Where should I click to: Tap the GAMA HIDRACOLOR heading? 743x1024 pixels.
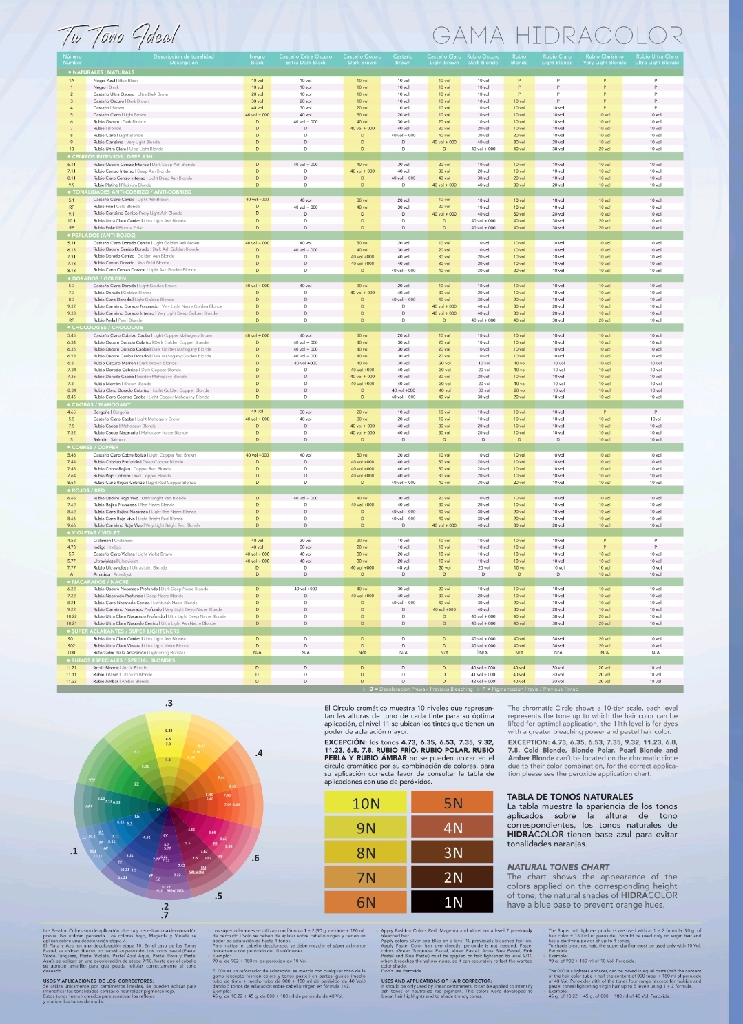coord(557,35)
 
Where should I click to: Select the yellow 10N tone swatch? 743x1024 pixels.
coord(366,803)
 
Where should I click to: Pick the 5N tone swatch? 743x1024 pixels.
coord(452,803)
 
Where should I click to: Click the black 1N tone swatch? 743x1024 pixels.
coord(452,901)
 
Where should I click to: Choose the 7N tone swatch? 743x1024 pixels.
coord(366,877)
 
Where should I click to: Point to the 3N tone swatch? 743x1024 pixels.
coord(452,853)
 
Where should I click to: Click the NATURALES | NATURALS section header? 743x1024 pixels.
coord(101,72)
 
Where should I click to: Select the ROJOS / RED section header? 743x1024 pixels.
coord(86,490)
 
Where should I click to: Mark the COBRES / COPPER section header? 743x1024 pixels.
coord(92,447)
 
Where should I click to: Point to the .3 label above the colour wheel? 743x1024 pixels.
coord(169,703)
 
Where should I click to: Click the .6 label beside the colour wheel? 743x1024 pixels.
coord(255,858)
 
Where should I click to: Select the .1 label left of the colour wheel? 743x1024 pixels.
coord(74,851)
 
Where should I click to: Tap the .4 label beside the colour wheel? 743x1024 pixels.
coord(258,753)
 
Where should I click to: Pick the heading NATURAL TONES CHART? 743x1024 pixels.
coord(558,867)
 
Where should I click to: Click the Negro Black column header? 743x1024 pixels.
coord(257,59)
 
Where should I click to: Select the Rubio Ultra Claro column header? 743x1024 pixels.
coord(656,59)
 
